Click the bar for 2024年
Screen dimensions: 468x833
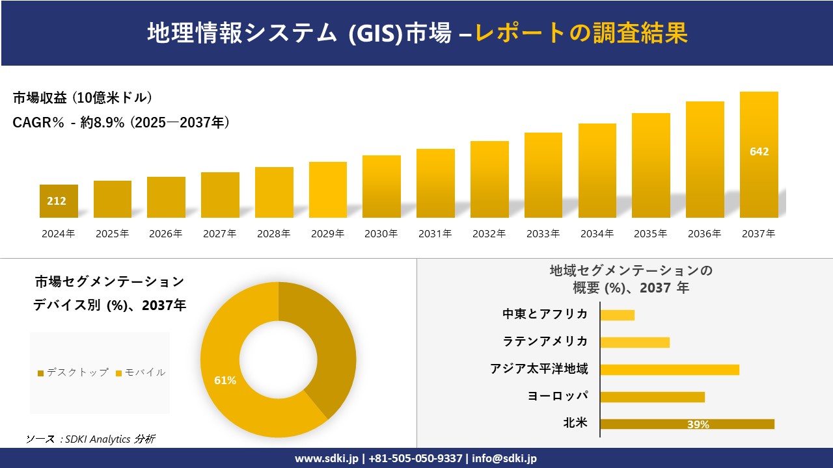click(59, 201)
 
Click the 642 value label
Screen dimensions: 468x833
click(759, 151)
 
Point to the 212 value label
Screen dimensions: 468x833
click(57, 201)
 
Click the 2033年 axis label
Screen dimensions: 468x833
click(543, 234)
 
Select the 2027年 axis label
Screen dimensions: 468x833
click(219, 234)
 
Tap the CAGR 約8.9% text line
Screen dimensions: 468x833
click(121, 123)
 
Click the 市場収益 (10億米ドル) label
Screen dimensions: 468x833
click(83, 98)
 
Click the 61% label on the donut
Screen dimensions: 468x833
click(225, 380)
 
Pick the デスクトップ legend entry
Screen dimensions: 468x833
click(73, 372)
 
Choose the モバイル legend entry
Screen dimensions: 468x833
click(140, 372)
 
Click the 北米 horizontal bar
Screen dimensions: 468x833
click(687, 424)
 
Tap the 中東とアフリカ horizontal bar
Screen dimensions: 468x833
click(617, 315)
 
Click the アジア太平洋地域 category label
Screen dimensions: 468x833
click(539, 369)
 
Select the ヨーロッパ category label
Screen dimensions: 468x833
click(558, 396)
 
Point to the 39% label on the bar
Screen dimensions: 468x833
click(698, 424)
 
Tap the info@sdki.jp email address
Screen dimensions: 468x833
click(504, 458)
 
